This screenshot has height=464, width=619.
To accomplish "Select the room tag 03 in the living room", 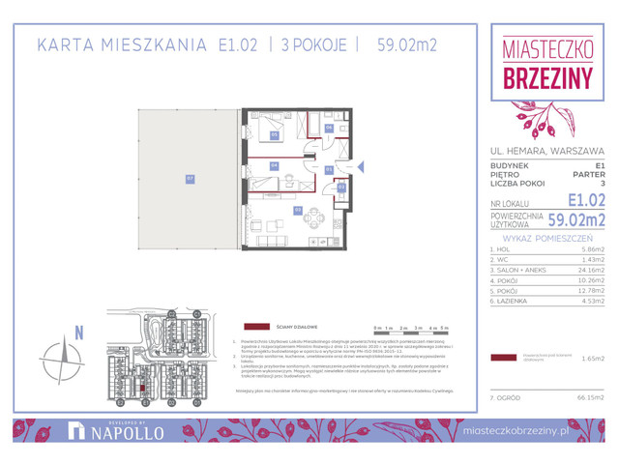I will pos(297,209).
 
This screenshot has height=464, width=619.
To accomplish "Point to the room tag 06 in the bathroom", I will pos(328,128).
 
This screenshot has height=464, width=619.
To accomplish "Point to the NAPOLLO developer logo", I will pos(120,432).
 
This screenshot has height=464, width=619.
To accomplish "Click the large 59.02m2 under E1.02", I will pos(576,219).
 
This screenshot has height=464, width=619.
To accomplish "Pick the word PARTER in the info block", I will pos(588,175).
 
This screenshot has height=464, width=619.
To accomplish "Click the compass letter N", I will pos(79,332).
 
